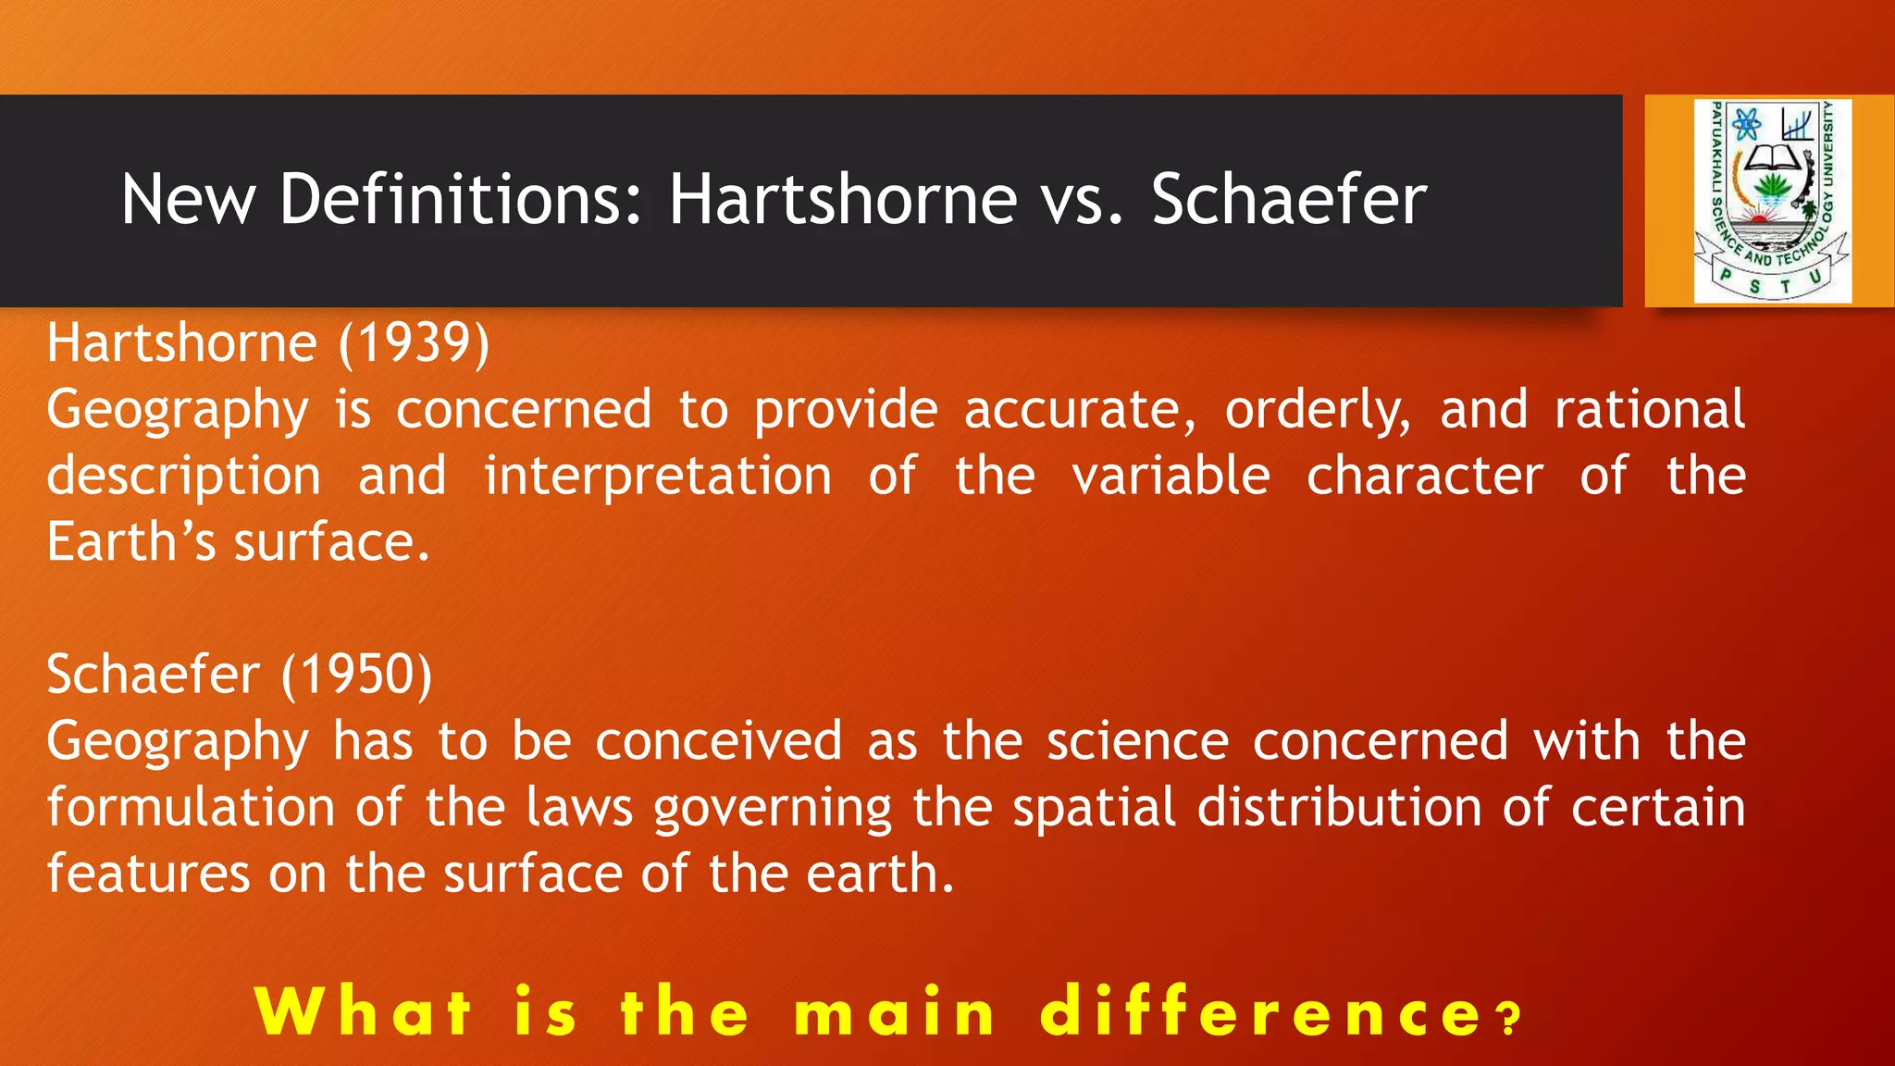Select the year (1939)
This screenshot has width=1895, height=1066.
414,343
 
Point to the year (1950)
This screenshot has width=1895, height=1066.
356,675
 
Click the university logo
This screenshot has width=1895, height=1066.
1771,201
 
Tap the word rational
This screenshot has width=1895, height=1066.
1650,410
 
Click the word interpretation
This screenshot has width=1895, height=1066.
658,477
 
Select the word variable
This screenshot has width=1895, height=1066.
1170,476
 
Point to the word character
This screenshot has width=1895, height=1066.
1425,476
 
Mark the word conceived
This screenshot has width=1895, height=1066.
718,741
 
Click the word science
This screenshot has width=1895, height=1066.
1138,741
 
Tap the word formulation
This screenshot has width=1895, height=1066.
191,807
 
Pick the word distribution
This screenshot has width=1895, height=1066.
1340,807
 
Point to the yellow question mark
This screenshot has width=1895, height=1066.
1509,1019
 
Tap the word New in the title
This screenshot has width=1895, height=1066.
188,199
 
